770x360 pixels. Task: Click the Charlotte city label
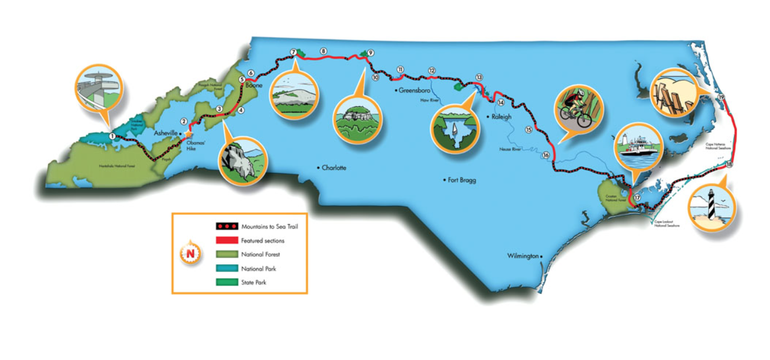(x=334, y=168)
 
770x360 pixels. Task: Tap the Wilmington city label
(x=523, y=256)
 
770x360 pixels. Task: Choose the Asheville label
(x=165, y=133)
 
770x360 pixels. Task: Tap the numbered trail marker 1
(x=112, y=136)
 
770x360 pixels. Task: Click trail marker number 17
(x=637, y=197)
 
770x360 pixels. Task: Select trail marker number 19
(x=721, y=97)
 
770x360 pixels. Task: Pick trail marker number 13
(x=479, y=77)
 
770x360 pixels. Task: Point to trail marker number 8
(x=323, y=51)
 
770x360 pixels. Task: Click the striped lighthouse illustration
(x=713, y=206)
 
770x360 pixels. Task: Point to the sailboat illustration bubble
(x=454, y=129)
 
